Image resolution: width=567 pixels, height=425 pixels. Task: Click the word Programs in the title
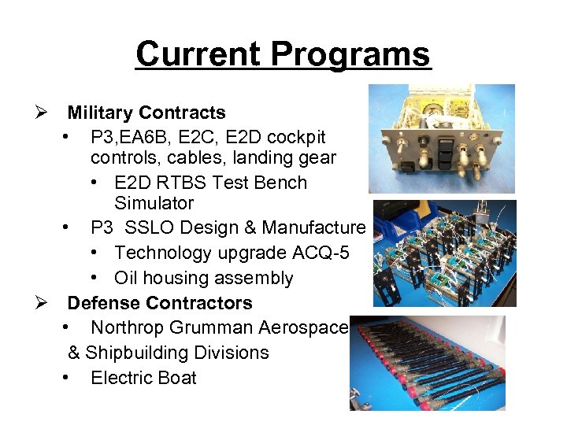(x=351, y=54)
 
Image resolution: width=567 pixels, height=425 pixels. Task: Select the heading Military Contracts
(x=146, y=113)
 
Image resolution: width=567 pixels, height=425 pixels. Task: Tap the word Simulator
(x=154, y=203)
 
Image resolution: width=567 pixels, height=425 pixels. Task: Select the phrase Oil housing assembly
(x=203, y=278)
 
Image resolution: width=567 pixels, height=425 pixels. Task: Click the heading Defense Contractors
(x=160, y=303)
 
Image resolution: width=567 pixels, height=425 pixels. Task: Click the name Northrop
(x=132, y=327)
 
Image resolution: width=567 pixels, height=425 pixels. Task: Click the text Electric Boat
(x=143, y=378)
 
